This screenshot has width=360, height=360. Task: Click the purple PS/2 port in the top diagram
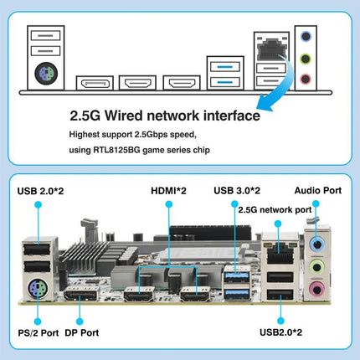pyautogui.click(x=46, y=74)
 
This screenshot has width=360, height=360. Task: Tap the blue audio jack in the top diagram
pyautogui.click(x=306, y=36)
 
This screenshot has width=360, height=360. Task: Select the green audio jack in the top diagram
pyautogui.click(x=306, y=59)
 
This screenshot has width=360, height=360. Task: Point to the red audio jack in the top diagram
pyautogui.click(x=306, y=79)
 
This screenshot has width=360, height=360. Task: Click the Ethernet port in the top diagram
pyautogui.click(x=271, y=49)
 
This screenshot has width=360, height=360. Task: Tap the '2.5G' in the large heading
pyautogui.click(x=85, y=116)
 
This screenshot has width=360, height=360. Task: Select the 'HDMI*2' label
pyautogui.click(x=168, y=191)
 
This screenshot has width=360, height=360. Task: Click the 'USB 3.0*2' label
pyautogui.click(x=237, y=191)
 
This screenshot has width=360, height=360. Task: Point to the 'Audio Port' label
pyautogui.click(x=318, y=191)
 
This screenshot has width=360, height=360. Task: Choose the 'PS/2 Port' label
pyautogui.click(x=39, y=333)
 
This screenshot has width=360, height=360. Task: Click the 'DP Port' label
pyautogui.click(x=82, y=332)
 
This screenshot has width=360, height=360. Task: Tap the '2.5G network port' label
pyautogui.click(x=275, y=210)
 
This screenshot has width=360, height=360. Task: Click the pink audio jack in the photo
pyautogui.click(x=316, y=289)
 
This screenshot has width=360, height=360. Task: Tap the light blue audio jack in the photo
pyautogui.click(x=317, y=244)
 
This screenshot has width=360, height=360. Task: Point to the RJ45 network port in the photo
pyautogui.click(x=280, y=253)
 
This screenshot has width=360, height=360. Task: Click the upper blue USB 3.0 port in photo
pyautogui.click(x=237, y=276)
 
